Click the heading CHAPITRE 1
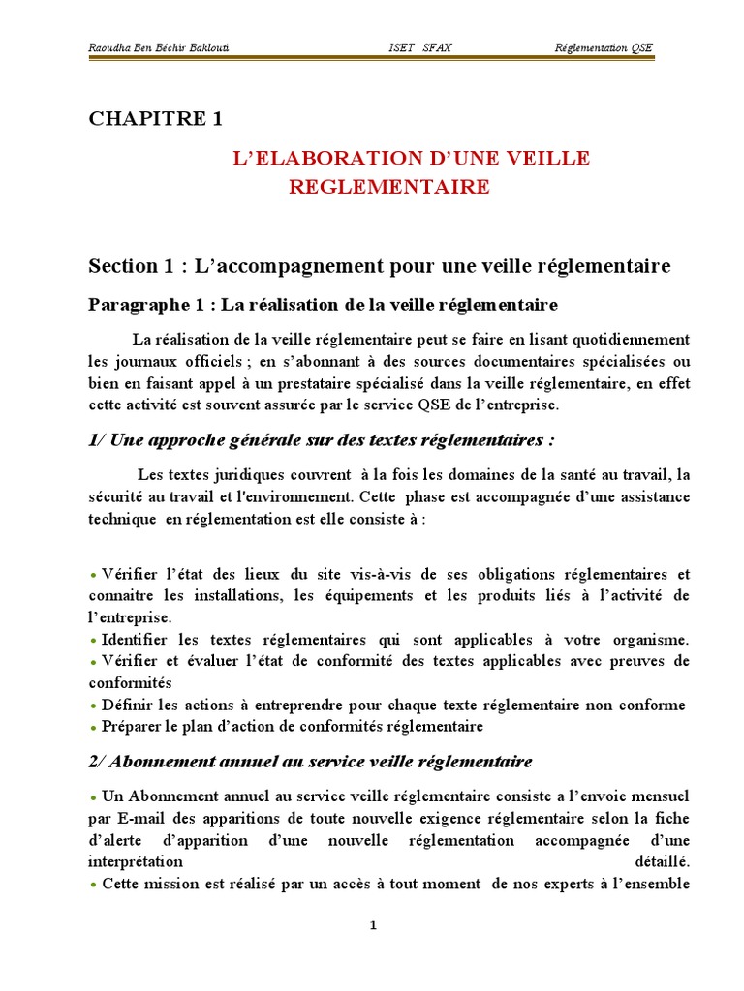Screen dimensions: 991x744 point(156,119)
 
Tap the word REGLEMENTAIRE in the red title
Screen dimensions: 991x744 point(389,187)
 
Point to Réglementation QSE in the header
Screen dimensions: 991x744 point(604,47)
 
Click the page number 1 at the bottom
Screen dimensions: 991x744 point(373,925)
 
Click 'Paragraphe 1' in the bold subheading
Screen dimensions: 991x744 point(149,305)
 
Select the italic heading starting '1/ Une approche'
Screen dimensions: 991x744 point(322,440)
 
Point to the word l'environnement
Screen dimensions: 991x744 point(285,497)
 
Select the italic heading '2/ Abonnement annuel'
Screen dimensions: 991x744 point(310,762)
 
